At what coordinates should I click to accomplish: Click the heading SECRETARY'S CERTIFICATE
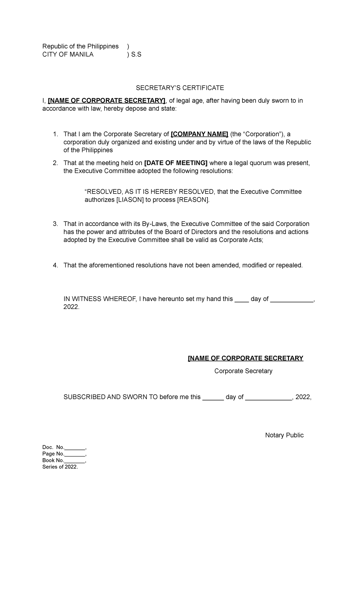180,88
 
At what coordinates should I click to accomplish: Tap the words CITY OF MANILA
68,55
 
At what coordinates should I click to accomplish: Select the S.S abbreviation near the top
136,55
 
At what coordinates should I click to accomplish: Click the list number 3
55,224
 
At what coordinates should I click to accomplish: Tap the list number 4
55,265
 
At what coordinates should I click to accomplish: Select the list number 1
55,134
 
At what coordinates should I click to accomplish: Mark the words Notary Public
284,435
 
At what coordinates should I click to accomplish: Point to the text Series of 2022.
60,467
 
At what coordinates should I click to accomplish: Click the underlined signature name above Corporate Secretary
245,358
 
